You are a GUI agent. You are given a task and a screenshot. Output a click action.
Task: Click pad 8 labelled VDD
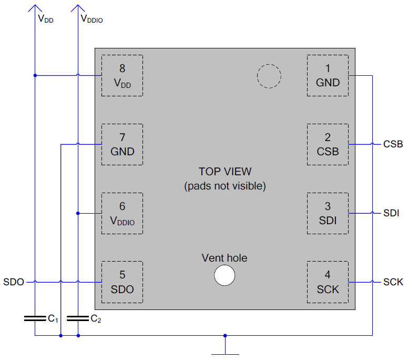(122, 76)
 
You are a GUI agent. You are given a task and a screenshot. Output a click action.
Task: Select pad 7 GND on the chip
(122, 144)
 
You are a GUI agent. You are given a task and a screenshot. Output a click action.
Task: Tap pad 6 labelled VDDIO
(122, 213)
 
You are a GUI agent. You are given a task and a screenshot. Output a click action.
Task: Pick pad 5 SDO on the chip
(122, 282)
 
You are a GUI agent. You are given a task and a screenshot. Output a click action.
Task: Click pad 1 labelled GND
(328, 76)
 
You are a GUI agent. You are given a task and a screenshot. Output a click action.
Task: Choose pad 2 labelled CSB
(328, 144)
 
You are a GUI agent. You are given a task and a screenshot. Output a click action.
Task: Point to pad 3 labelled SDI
(328, 213)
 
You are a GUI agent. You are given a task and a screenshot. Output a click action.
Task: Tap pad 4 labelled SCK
(328, 282)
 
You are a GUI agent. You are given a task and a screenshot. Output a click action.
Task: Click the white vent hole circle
(225, 275)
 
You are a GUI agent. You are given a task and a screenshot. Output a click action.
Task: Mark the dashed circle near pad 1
(269, 64)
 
